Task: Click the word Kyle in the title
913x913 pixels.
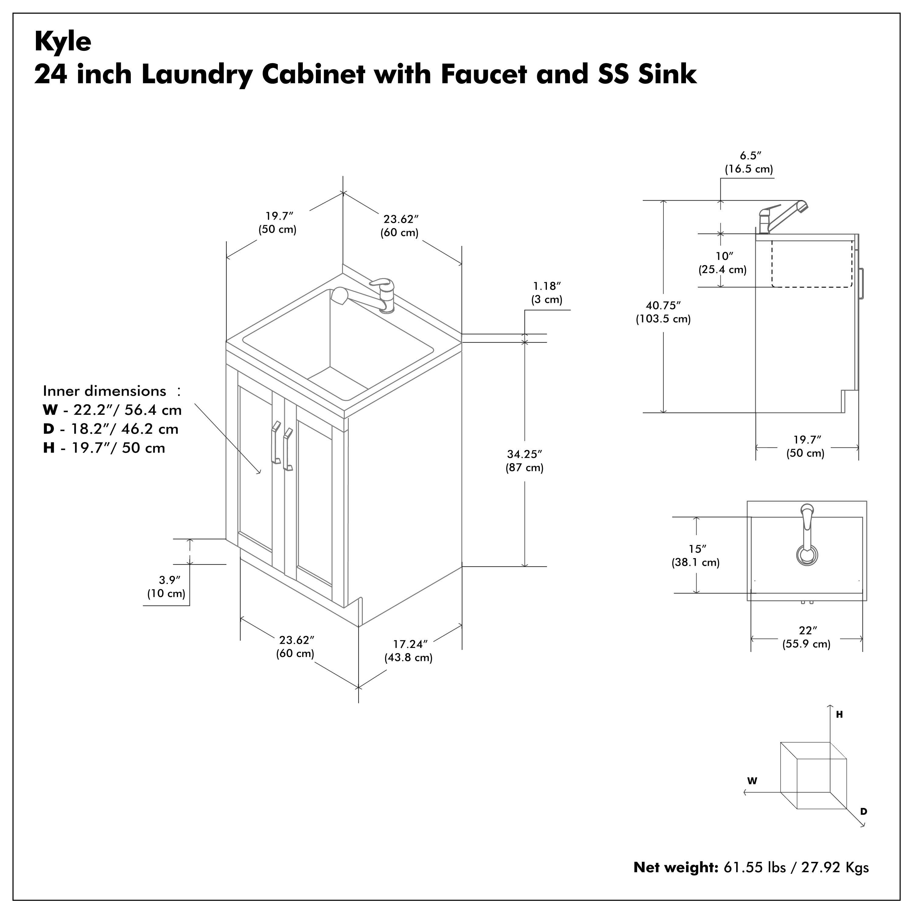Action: [63, 42]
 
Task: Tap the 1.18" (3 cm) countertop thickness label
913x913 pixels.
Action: [547, 292]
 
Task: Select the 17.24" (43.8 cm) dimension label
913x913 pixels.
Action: [409, 651]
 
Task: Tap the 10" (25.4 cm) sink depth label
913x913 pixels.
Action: [722, 263]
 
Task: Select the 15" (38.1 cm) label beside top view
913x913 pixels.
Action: [696, 556]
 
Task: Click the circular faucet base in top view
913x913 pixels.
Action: [807, 555]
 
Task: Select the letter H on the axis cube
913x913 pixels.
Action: [839, 715]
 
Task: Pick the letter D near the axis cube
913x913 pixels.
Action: [863, 811]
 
